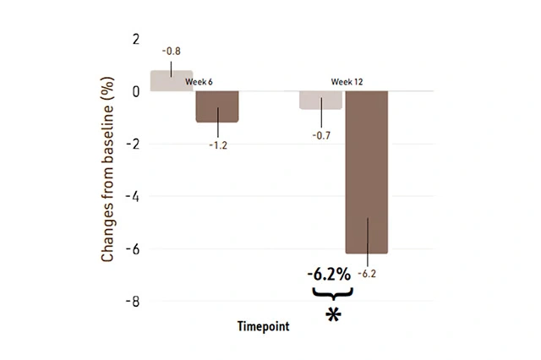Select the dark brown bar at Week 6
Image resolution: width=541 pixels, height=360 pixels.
(217, 106)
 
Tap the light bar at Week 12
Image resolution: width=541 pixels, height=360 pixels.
(320, 100)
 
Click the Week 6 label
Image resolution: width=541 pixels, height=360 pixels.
(199, 82)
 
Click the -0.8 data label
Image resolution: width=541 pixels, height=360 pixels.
(172, 52)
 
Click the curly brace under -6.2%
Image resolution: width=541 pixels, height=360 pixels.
(331, 293)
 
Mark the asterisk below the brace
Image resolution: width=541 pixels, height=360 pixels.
(333, 314)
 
